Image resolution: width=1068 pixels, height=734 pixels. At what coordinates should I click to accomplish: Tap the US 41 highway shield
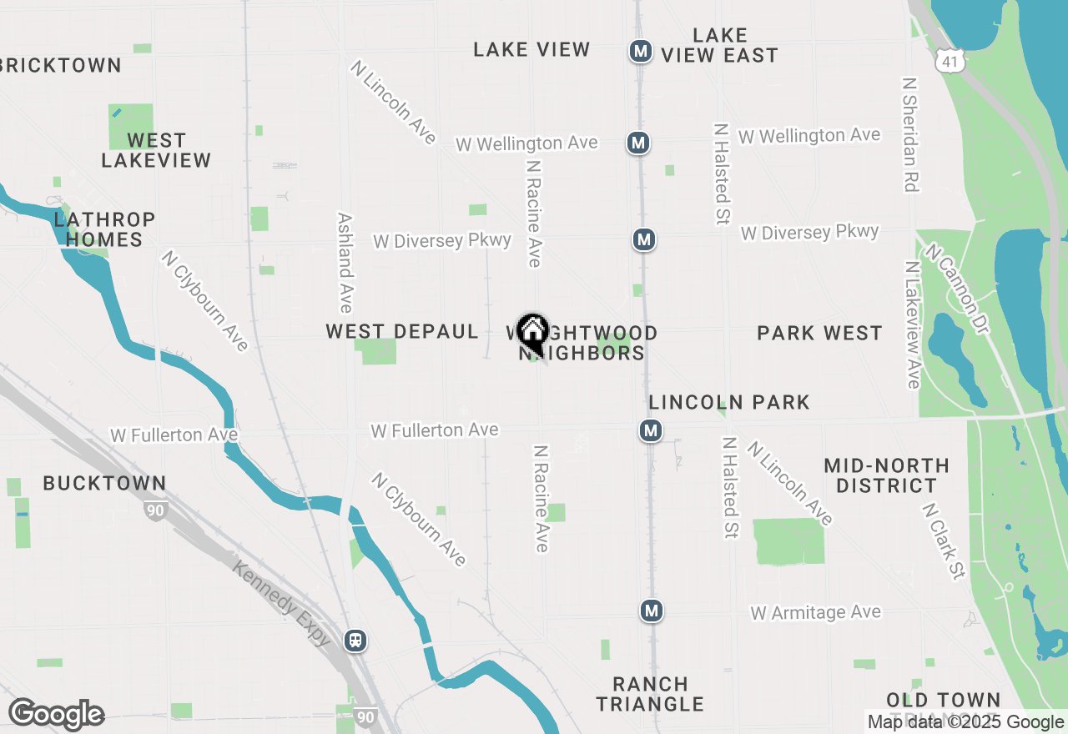tap(950, 60)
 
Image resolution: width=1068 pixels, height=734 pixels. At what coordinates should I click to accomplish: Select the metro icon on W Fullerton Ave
tap(651, 431)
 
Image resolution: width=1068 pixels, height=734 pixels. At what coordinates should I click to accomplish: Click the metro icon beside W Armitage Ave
tap(652, 611)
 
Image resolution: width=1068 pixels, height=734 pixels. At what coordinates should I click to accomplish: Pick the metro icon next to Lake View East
tap(641, 51)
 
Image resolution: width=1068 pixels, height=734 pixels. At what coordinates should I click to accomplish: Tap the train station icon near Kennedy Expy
tap(355, 641)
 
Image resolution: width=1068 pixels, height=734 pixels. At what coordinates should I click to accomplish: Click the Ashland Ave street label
tap(345, 262)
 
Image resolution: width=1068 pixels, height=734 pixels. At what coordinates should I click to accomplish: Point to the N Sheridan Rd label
tap(909, 135)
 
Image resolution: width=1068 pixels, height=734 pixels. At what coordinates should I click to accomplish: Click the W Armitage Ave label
tap(815, 613)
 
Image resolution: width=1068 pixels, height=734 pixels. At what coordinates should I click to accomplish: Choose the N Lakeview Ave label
tap(912, 324)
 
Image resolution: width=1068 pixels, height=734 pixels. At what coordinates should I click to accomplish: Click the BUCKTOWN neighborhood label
tap(104, 483)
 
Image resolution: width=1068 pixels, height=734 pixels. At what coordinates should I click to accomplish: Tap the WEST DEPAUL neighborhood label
tap(401, 332)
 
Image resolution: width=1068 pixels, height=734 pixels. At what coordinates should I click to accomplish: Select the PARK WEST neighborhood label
tap(819, 334)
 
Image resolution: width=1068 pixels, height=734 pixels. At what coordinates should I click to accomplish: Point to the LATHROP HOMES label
tap(104, 229)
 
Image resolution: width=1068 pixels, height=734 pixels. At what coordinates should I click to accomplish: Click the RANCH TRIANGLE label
tap(650, 694)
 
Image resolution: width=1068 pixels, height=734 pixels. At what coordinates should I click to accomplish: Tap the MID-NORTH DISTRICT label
tap(886, 475)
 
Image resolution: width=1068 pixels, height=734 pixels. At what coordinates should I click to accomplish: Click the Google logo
tap(56, 715)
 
